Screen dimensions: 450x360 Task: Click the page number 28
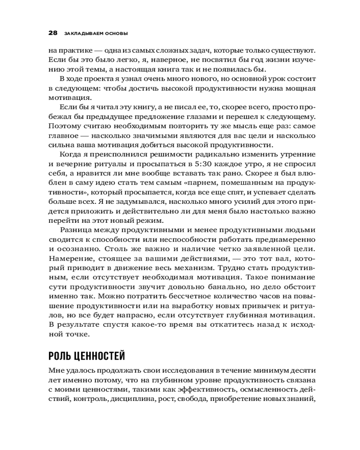tap(52, 33)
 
